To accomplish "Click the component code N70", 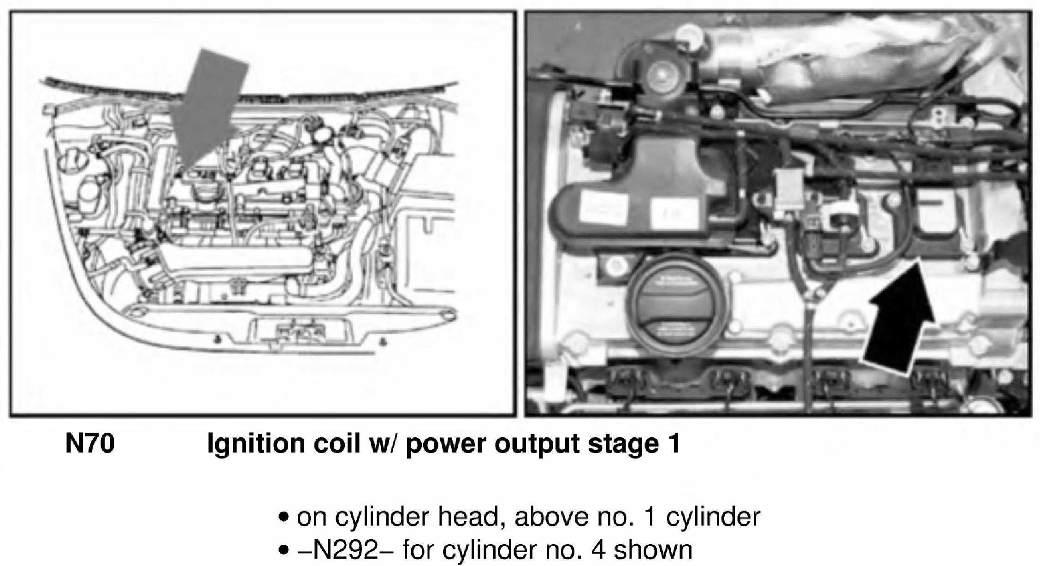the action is [x=90, y=444].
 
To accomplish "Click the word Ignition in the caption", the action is [x=256, y=445].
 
